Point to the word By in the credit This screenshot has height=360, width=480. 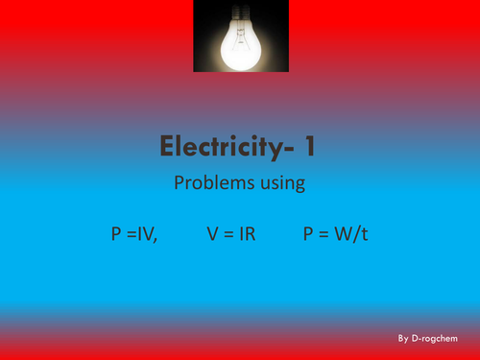click(403, 339)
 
